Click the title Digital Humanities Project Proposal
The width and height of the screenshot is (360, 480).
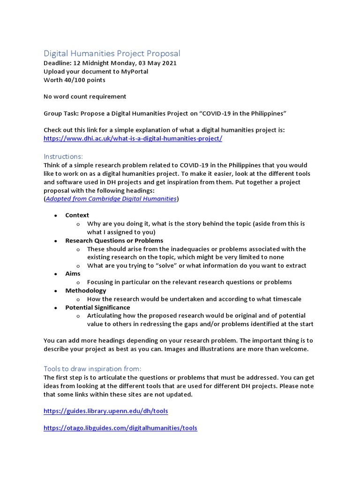click(x=112, y=53)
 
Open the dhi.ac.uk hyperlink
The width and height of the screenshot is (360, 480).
click(x=133, y=138)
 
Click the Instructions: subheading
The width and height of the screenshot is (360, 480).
click(x=63, y=156)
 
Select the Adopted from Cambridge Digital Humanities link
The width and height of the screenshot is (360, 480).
click(x=111, y=199)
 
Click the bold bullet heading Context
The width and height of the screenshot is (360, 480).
click(x=77, y=215)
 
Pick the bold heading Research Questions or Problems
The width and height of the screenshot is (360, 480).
click(x=114, y=240)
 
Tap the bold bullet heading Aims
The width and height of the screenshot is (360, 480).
click(x=73, y=273)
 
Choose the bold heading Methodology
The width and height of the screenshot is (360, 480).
click(x=85, y=291)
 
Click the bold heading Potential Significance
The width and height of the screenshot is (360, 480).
click(x=97, y=307)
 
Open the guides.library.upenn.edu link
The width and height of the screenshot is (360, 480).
click(x=105, y=411)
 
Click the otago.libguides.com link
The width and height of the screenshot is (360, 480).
click(x=120, y=428)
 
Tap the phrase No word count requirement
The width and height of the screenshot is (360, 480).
click(x=85, y=97)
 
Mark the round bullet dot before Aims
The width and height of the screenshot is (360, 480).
click(x=55, y=274)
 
